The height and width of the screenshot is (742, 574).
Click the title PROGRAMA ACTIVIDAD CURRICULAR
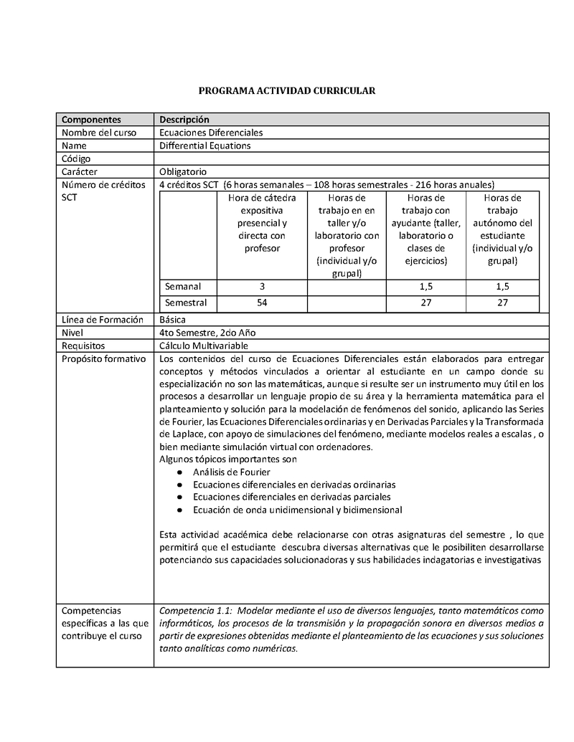287,91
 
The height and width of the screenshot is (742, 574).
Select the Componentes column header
91,120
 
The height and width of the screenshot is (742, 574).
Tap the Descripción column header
184,120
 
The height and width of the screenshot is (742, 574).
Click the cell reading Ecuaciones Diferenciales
211,133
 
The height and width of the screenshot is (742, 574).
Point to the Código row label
76,158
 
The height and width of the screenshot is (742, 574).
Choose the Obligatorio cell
183,171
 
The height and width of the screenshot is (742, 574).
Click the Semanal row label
183,286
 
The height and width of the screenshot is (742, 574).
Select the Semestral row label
186,303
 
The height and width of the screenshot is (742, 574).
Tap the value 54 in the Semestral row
263,303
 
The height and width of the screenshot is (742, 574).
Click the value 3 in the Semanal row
263,286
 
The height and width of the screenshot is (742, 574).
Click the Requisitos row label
83,346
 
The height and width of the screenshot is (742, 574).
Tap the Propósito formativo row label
103,358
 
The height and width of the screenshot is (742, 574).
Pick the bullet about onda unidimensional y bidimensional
297,510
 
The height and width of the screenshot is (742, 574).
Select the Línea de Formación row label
103,320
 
